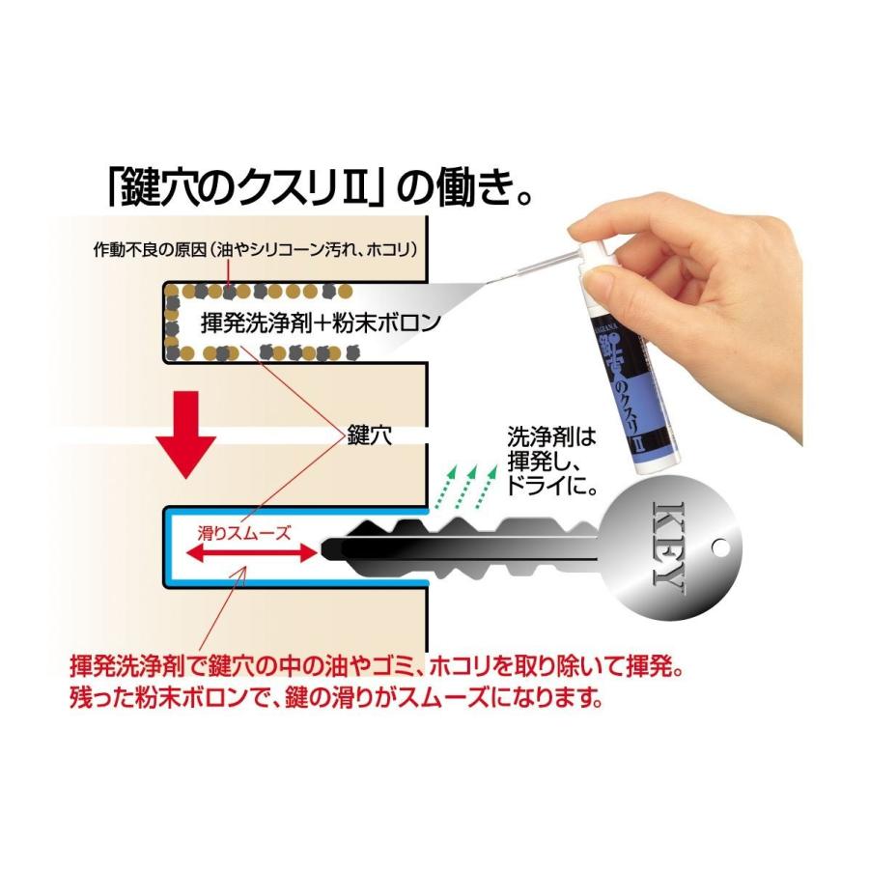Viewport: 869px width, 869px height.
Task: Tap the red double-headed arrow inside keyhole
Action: point(250,553)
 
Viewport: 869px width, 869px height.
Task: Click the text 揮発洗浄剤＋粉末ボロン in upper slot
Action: point(320,322)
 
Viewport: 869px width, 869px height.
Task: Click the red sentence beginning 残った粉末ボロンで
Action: point(338,697)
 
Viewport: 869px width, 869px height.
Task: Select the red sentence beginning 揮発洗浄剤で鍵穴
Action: point(377,666)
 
